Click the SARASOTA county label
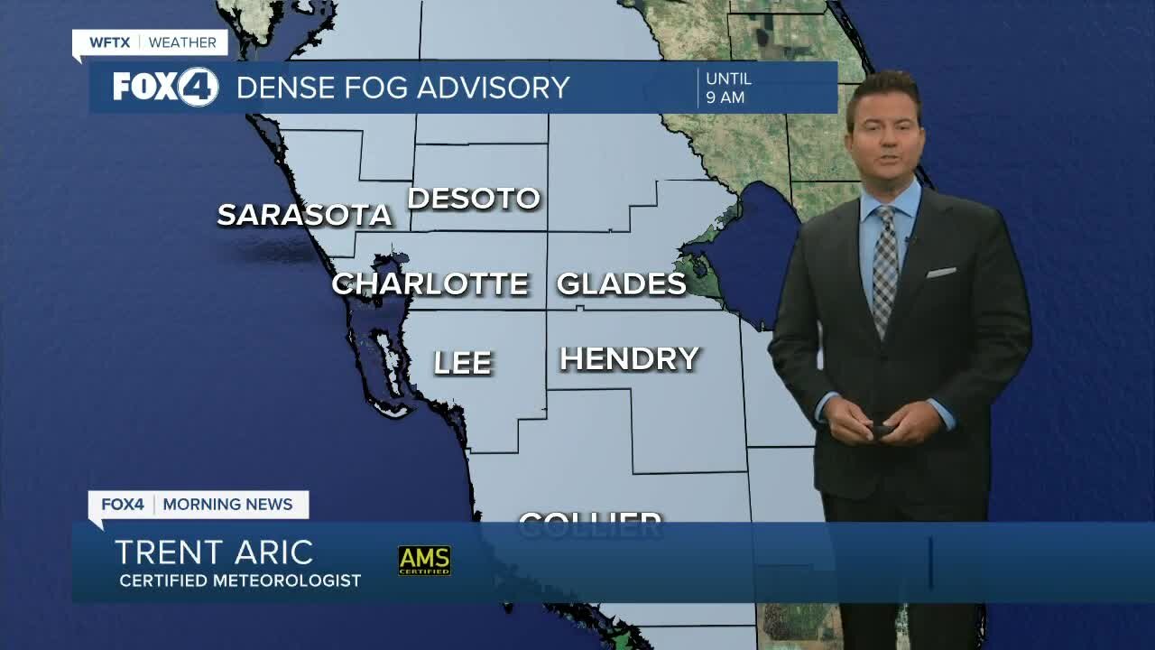[x=304, y=215]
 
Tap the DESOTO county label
[x=474, y=199]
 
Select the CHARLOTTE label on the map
[x=430, y=283]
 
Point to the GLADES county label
[x=621, y=283]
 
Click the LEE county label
[x=463, y=363]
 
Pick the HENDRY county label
[x=629, y=359]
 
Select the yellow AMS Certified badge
[x=424, y=560]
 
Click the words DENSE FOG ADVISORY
[x=402, y=88]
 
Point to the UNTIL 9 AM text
[x=728, y=88]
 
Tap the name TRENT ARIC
[x=214, y=552]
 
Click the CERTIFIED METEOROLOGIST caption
[x=240, y=580]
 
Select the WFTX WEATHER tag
[x=150, y=42]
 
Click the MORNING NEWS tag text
[x=227, y=504]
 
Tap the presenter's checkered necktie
[x=884, y=266]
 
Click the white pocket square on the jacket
[x=941, y=272]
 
